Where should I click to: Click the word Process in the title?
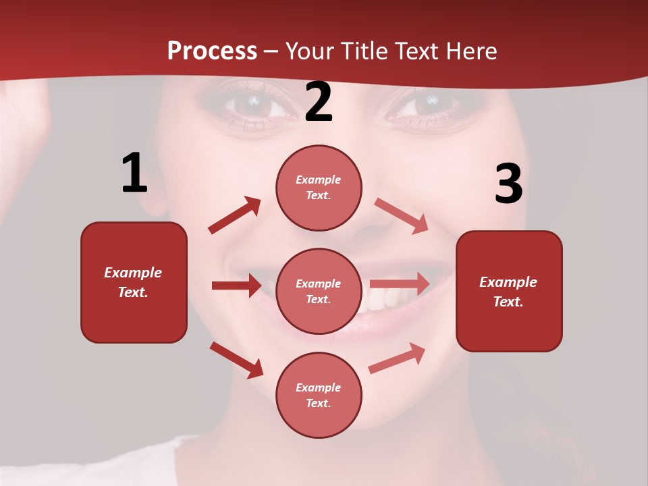(212, 51)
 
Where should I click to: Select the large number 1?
(134, 173)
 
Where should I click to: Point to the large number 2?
(319, 102)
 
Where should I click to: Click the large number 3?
(508, 184)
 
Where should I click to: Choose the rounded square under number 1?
(134, 282)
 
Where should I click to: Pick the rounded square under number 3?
(509, 291)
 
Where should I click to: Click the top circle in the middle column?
(319, 188)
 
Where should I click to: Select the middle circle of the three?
(319, 291)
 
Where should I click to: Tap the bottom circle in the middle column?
(319, 395)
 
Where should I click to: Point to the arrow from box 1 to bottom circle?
(236, 360)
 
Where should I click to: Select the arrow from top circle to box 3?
(401, 215)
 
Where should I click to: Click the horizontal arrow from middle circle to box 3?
(400, 283)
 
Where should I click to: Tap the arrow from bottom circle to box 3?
(397, 358)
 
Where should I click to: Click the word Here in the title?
(473, 51)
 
